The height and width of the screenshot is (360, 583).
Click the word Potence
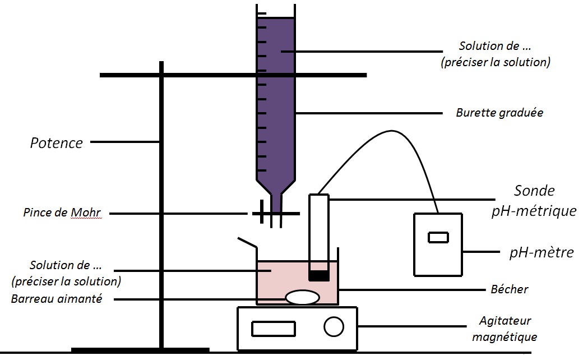[57, 143]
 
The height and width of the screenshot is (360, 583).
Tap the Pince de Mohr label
[62, 213]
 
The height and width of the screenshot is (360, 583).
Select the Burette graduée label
[499, 112]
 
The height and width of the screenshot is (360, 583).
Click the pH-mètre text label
[542, 252]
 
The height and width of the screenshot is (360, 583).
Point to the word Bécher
[510, 289]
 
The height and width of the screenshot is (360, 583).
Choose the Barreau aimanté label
[57, 299]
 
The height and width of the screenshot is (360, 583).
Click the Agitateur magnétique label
[505, 329]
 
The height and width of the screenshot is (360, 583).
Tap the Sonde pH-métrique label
[534, 201]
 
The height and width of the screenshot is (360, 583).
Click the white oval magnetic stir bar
[302, 297]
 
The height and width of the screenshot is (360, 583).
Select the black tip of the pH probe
[318, 276]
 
